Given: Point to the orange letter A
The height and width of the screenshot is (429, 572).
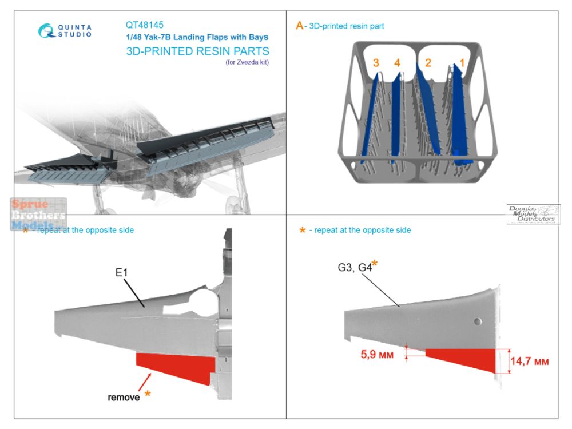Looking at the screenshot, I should (x=299, y=26).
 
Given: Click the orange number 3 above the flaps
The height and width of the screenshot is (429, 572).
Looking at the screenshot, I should (x=376, y=63).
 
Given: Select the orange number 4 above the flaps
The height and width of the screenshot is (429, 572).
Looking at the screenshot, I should (x=397, y=63).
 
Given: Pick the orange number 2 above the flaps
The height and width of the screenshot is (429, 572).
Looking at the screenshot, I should (x=427, y=63).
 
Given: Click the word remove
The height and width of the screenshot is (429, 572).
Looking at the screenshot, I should (x=124, y=396).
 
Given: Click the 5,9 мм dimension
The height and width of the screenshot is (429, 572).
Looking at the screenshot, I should (x=378, y=354).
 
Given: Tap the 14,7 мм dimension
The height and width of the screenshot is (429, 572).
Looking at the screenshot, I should (x=530, y=362).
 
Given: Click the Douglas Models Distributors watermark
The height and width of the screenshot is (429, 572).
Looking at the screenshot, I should (x=533, y=214).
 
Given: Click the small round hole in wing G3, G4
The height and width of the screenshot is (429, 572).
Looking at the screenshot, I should (x=478, y=320).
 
